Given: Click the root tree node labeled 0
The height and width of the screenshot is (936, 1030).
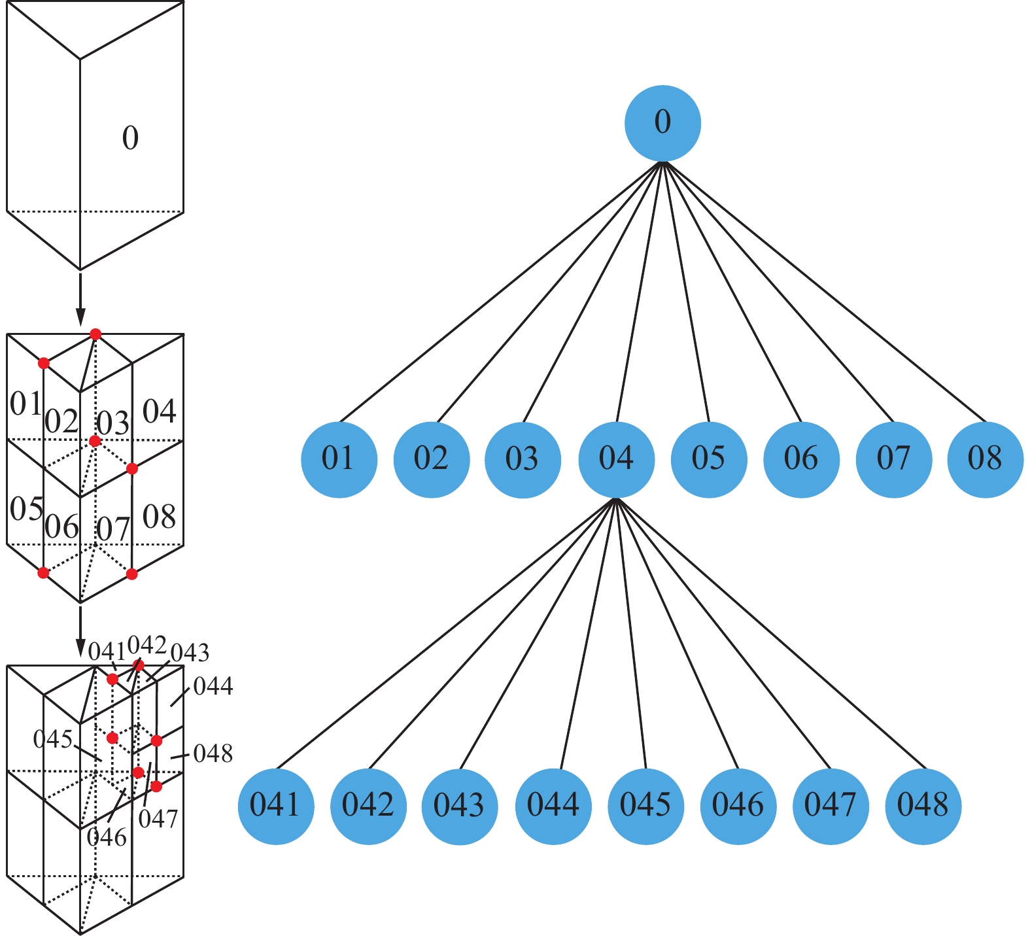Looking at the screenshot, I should pos(662,123).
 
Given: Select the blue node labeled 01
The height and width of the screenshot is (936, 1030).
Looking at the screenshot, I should pos(339,459).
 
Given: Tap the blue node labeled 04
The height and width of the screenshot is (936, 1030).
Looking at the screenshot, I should pos(616,459).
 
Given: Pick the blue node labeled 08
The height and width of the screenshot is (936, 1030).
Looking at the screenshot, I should pos(985,459).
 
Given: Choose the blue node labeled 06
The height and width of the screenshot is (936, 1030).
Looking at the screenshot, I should pos(801,459).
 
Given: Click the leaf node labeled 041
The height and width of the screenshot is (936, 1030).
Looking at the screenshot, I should pos(275,806).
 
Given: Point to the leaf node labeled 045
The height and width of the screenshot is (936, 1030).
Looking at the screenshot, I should pos(645,806).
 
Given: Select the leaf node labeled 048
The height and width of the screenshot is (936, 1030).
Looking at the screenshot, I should pos(923,806).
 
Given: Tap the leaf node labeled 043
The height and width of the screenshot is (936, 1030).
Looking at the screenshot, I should pos(460,806).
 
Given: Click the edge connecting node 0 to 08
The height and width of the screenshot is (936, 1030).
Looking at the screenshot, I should pos(824,292).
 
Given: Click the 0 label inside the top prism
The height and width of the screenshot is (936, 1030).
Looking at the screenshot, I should pos(130,138).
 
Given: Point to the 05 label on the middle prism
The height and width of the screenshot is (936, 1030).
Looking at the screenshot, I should pos(27,509).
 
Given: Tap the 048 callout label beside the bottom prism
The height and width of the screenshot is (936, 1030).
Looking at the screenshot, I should pos(213,754).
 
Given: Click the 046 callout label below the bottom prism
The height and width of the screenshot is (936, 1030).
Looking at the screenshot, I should pos(107,837).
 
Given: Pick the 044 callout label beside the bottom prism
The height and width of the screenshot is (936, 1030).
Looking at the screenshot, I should pos(213,687).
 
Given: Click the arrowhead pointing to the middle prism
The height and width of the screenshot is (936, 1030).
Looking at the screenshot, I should pos(80,317).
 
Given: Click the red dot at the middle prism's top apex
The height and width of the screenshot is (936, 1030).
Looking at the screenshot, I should pos(95,334).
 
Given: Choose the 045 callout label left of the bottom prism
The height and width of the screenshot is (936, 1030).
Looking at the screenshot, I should pos(53,740).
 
